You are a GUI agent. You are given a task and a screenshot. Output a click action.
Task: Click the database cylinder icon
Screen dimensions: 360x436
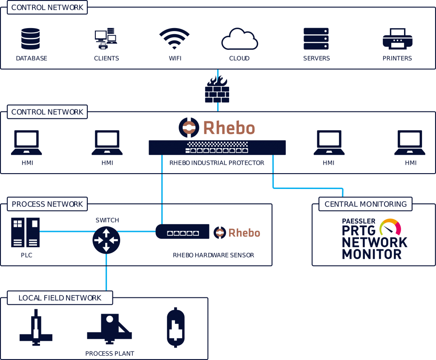tap(31, 39)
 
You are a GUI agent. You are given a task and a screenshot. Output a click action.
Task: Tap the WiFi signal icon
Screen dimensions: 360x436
tap(175, 40)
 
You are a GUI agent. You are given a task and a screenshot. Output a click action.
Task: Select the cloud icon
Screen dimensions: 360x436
tap(239, 40)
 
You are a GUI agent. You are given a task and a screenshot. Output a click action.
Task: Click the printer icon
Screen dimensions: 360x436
tap(397, 39)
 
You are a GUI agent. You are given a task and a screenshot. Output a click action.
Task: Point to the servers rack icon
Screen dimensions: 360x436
tap(316, 39)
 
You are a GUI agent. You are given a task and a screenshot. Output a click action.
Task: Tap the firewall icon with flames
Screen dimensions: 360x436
tap(217, 90)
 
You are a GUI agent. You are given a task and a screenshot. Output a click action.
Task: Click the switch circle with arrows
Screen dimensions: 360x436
tap(106, 240)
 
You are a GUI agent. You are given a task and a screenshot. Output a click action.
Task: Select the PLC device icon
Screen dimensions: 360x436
tap(26, 232)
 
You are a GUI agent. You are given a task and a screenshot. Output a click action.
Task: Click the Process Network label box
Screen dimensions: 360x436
tap(47, 204)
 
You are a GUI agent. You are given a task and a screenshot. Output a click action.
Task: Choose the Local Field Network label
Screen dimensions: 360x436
tap(60, 298)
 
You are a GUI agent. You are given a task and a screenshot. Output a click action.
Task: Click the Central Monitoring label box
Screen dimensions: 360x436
tap(365, 204)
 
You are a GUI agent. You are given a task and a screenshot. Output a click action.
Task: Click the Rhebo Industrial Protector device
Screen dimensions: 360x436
tap(217, 148)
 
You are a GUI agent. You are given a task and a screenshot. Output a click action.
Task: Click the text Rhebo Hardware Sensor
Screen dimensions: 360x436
tap(213, 255)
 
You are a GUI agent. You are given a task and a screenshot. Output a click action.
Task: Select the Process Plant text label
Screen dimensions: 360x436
tap(109, 354)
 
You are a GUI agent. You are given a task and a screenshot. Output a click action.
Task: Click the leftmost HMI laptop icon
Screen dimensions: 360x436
tap(26, 143)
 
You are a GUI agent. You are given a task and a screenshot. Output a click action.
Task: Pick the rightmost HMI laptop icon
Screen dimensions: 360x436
tap(410, 143)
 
